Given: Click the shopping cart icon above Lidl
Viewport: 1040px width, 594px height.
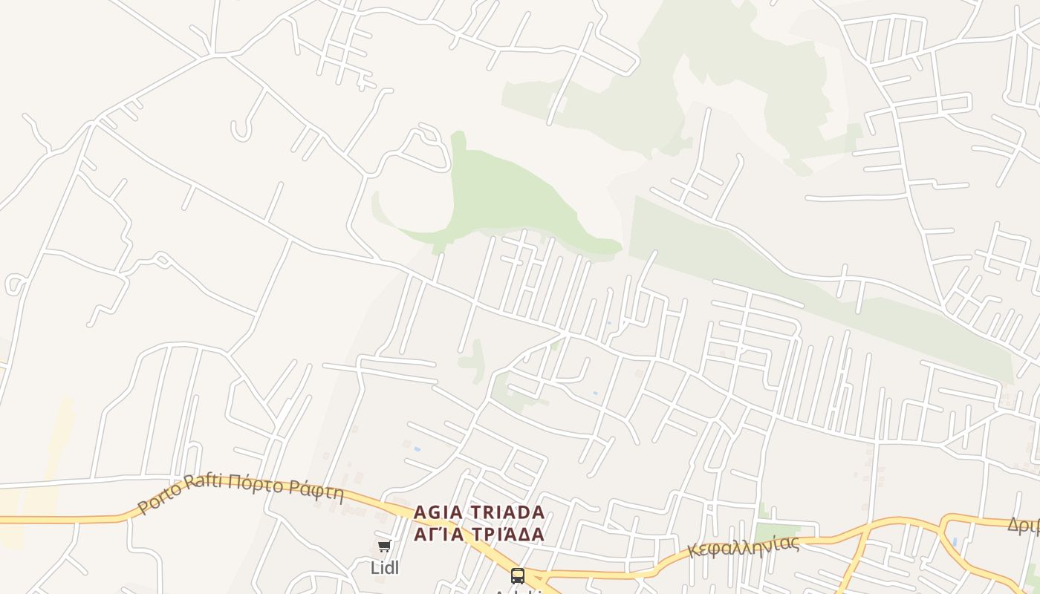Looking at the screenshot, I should click(x=384, y=546).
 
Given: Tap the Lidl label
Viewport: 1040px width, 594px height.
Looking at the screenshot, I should click(x=385, y=568).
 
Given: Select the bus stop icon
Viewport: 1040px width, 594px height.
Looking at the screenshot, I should click(x=518, y=575).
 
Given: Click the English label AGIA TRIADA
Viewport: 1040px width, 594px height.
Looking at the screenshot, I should click(x=479, y=512).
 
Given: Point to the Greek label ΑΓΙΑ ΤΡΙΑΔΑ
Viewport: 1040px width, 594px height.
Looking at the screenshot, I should click(x=479, y=534).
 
